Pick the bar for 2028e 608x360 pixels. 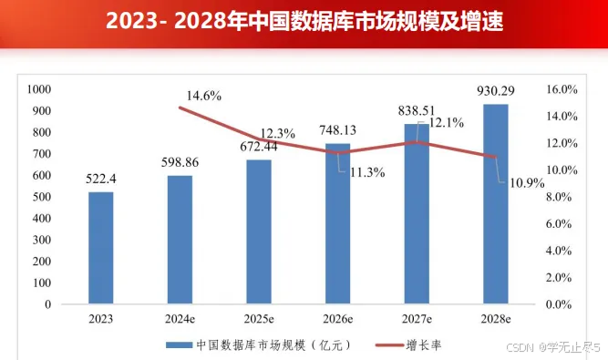click(x=495, y=204)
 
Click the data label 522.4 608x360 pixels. click(x=101, y=179)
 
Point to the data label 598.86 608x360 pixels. click(x=180, y=162)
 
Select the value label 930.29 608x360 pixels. click(x=495, y=90)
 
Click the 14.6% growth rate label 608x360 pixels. click(x=204, y=96)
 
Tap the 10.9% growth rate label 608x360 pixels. click(x=526, y=182)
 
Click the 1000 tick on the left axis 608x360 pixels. click(x=41, y=89)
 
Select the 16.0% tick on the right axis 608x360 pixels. click(x=562, y=89)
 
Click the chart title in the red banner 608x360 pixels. click(x=304, y=20)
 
